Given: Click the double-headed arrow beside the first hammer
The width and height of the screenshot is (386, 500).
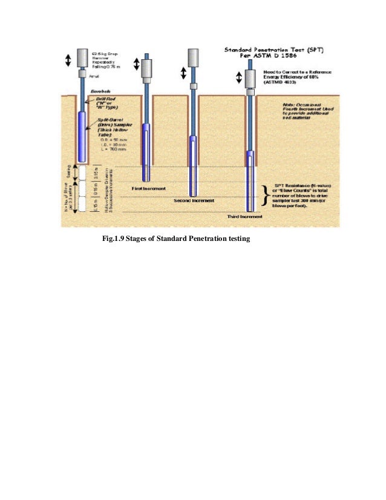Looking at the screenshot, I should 68,59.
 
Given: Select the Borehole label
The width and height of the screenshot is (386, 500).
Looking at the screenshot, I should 99,91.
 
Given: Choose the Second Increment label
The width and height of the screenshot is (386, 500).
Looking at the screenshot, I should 191,200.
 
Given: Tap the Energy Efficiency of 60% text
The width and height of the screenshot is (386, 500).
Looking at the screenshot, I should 295,76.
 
